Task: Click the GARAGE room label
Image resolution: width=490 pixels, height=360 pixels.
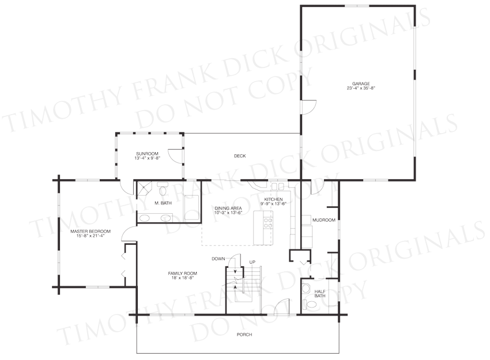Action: pos(361,84)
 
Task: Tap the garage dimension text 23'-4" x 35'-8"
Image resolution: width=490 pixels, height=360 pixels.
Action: pos(361,88)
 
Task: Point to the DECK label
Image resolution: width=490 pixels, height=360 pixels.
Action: pos(240,156)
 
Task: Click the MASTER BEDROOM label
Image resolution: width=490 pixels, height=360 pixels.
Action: pos(91,232)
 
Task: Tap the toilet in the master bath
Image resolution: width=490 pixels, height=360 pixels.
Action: pos(163,188)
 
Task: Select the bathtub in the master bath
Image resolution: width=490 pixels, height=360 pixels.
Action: pos(191,207)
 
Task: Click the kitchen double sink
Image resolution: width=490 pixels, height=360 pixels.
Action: pos(277,187)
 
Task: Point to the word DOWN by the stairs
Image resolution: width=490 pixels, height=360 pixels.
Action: pos(218,259)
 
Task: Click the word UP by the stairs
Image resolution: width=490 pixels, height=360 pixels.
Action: pos(252,262)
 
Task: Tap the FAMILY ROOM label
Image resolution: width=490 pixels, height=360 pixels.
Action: pos(183,274)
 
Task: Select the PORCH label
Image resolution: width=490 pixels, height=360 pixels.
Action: pos(244,335)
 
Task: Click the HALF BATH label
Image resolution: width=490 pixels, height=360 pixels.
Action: pos(320,294)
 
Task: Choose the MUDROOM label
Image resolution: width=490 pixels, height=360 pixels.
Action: pos(324,220)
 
